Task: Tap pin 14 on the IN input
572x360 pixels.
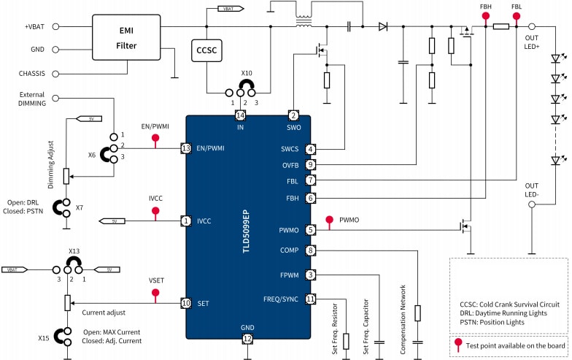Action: click(240, 116)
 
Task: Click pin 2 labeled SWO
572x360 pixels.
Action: click(293, 116)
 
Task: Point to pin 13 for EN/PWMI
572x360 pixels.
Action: click(186, 148)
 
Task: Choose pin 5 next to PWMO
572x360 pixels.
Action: click(310, 230)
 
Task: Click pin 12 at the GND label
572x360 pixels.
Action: click(248, 338)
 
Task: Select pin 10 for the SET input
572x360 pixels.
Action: click(186, 302)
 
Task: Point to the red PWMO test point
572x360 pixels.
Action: click(330, 219)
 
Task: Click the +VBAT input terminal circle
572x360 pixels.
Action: click(57, 27)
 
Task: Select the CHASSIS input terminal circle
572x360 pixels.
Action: click(57, 73)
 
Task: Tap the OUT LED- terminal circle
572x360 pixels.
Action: click(531, 207)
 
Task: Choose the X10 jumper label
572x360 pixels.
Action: click(247, 74)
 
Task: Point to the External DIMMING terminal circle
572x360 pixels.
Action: click(57, 99)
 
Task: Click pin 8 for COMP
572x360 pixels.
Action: click(310, 251)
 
